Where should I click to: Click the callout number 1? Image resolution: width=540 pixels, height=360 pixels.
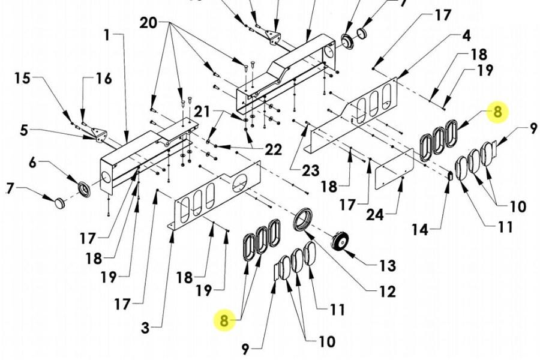pyautogui.click(x=107, y=35)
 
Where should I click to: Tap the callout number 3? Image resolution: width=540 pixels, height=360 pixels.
pyautogui.click(x=145, y=328)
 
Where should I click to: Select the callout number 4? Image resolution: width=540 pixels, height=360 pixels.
pyautogui.click(x=466, y=36)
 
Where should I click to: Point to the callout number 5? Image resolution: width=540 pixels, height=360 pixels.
pyautogui.click(x=24, y=130)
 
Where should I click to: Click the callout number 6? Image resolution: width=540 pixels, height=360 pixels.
pyautogui.click(x=32, y=163)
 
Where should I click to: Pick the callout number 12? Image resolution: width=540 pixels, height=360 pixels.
pyautogui.click(x=387, y=292)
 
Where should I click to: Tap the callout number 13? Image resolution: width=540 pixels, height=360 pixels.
pyautogui.click(x=387, y=266)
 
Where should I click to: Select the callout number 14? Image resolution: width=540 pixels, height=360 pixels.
pyautogui.click(x=420, y=229)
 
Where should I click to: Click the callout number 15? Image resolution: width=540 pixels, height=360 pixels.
pyautogui.click(x=22, y=78)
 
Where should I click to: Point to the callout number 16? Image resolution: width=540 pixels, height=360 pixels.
pyautogui.click(x=104, y=79)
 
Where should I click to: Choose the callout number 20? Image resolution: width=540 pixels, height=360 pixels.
pyautogui.click(x=148, y=23)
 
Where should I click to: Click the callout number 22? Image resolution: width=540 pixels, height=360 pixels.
pyautogui.click(x=273, y=149)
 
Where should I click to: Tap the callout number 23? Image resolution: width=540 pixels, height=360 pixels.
pyautogui.click(x=310, y=170)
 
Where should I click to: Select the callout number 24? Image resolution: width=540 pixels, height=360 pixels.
pyautogui.click(x=374, y=215)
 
